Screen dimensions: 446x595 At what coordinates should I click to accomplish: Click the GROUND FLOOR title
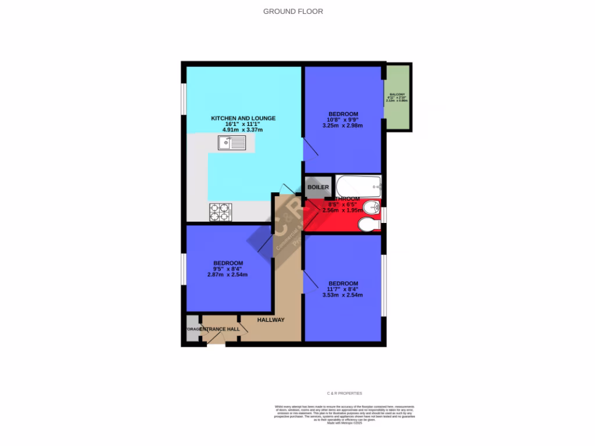pos(293,11)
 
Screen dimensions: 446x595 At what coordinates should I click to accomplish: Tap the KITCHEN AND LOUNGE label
pos(243,118)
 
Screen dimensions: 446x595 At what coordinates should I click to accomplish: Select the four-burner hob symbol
pos(221,212)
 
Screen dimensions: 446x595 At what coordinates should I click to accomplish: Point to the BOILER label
pos(318,188)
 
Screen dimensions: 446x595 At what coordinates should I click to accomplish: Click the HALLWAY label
pos(271,319)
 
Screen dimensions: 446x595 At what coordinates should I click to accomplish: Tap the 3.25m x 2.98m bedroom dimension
pos(343,125)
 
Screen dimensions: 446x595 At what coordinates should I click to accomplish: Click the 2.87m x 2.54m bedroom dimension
pos(228,275)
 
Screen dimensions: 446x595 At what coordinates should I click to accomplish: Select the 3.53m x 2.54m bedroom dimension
pos(343,295)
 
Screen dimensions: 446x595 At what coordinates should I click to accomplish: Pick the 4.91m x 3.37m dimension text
pos(243,130)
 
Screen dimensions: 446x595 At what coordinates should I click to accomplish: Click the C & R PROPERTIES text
pos(345,393)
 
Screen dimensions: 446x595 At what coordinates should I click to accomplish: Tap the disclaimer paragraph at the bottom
pos(345,413)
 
